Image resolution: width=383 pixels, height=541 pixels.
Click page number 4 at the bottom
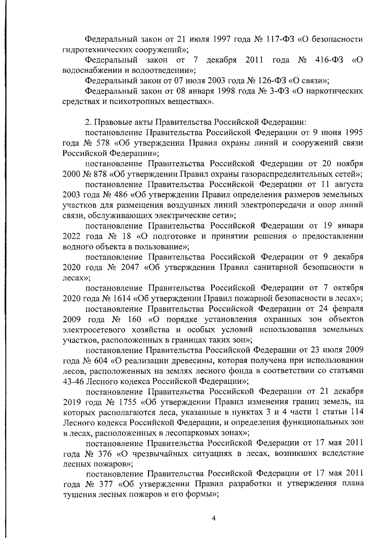pos(214,518)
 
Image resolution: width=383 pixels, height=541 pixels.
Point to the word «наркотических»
pos(331,91)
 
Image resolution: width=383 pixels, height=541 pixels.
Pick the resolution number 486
pos(120,195)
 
